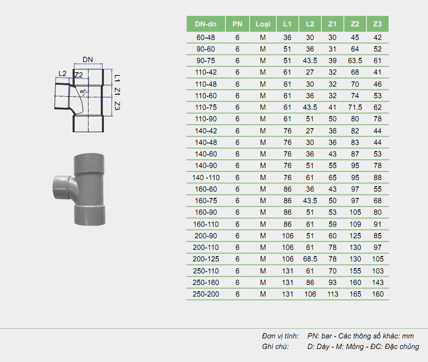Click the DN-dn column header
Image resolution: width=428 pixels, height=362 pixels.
pyautogui.click(x=205, y=24)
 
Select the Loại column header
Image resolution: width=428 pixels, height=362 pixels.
pyautogui.click(x=263, y=24)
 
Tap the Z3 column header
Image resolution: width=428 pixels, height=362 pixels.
pyautogui.click(x=377, y=24)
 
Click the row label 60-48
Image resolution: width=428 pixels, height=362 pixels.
pyautogui.click(x=205, y=38)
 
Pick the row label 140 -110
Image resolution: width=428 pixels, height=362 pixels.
pyautogui.click(x=206, y=178)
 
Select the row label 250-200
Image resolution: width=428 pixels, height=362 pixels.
pyautogui.click(x=206, y=294)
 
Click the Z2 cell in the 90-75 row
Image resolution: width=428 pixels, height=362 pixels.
pyautogui.click(x=355, y=61)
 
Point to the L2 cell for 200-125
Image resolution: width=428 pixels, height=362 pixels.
pyautogui.click(x=310, y=259)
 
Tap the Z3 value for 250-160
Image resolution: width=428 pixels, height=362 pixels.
pyautogui.click(x=378, y=283)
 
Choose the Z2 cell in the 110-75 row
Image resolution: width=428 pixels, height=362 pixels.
pyautogui.click(x=355, y=107)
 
